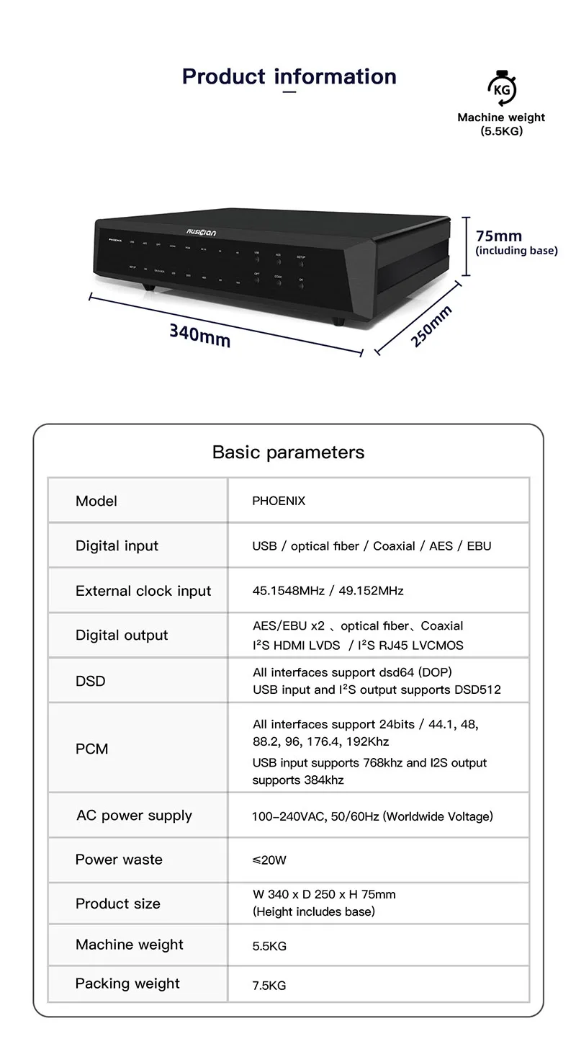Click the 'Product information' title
click(x=289, y=76)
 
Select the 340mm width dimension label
click(x=199, y=334)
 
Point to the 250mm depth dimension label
click(x=431, y=326)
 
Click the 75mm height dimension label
click(x=499, y=236)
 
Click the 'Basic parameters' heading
click(x=288, y=452)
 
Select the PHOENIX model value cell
click(x=279, y=501)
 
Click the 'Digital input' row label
click(x=117, y=545)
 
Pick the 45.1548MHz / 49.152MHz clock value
click(x=328, y=591)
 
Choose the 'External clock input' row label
click(x=143, y=591)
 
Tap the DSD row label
click(x=90, y=681)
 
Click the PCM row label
click(x=91, y=749)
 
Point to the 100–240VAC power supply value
click(x=372, y=816)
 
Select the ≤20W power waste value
click(x=269, y=860)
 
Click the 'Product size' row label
click(x=117, y=904)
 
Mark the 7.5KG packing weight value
click(x=269, y=985)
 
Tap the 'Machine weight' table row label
click(x=129, y=945)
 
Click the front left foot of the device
click(x=148, y=287)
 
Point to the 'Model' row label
click(x=96, y=501)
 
